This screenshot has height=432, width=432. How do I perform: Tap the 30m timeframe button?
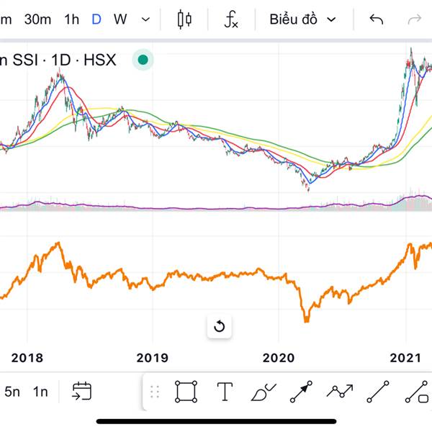pos(37,19)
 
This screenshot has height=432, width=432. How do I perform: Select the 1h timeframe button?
pos(71,19)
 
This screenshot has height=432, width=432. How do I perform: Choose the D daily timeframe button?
pos(96,19)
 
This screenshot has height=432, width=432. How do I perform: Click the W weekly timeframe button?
pos(120,19)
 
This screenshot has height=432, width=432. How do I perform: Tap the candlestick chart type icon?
pos(185,19)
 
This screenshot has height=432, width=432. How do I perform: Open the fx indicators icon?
pos(230,19)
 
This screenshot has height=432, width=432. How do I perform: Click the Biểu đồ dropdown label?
pos(294,19)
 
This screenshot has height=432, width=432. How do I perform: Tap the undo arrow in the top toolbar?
pos(376,19)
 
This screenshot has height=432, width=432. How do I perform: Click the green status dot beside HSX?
pos(143,60)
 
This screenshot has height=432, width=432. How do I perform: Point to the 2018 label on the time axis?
pos(27,357)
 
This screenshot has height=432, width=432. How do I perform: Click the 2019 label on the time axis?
pos(152,357)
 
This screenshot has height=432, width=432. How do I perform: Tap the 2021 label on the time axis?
pos(405,357)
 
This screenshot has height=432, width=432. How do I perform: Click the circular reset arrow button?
pos(220,326)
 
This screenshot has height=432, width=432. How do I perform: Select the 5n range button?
pos(12,392)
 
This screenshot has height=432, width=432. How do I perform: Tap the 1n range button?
pos(40,392)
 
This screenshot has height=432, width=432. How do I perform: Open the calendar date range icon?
pos(81,391)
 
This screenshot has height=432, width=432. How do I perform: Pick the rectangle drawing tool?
pos(186,392)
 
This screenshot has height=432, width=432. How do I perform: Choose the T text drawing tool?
pos(225,392)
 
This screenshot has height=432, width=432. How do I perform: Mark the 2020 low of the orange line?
pos(306,320)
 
